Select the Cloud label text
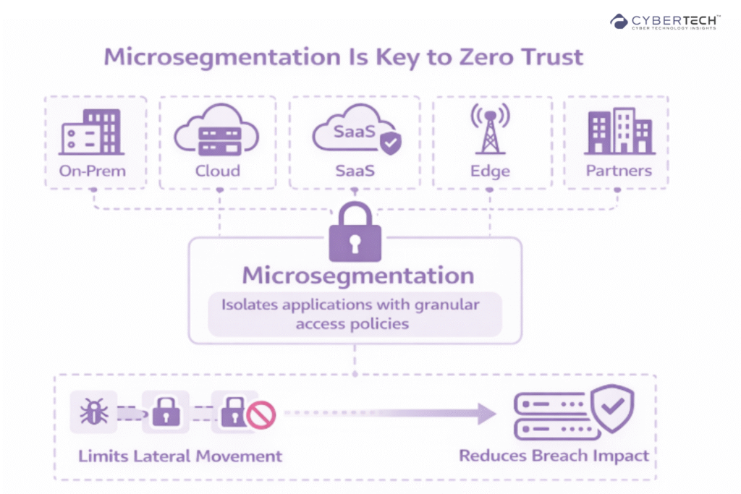click(217, 171)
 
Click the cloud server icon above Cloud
click(216, 133)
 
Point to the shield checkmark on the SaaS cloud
click(391, 142)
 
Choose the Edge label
click(490, 171)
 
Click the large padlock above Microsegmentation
click(355, 232)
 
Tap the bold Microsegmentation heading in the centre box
click(357, 276)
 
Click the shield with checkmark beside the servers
click(612, 408)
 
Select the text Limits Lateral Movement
click(179, 456)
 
